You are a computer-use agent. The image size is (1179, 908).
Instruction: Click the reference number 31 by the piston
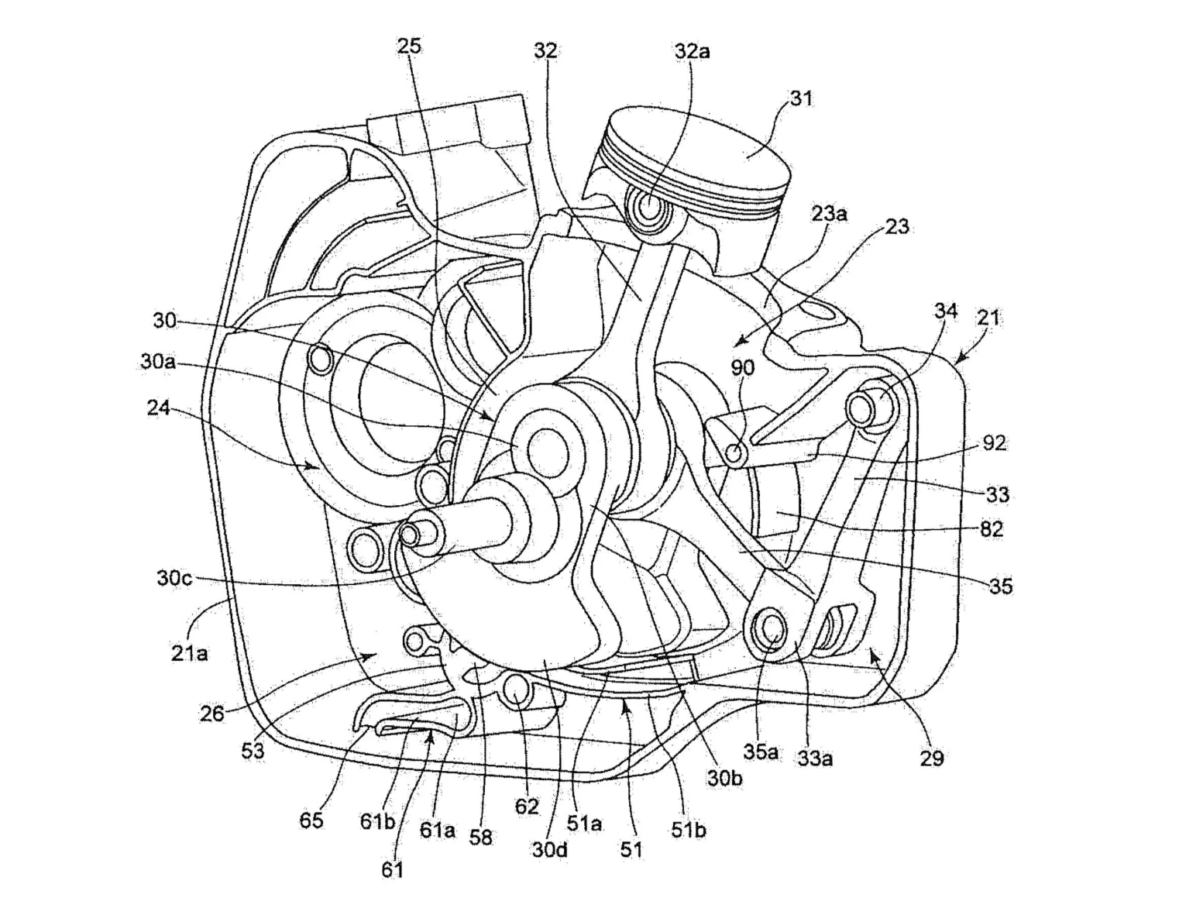click(x=801, y=98)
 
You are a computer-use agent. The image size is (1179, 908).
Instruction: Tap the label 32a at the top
click(x=692, y=51)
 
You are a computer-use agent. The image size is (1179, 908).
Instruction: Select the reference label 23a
click(x=829, y=214)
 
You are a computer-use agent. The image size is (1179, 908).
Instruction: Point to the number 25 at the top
click(x=409, y=46)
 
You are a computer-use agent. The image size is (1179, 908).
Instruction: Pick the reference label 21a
click(x=189, y=653)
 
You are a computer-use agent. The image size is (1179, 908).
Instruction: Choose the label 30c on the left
click(x=174, y=578)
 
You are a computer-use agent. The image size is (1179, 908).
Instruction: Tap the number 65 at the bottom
click(x=311, y=820)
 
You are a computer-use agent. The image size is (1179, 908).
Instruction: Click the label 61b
click(x=377, y=821)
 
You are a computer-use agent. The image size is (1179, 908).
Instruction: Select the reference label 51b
click(x=688, y=830)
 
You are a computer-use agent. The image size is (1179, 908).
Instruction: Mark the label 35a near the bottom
click(x=761, y=752)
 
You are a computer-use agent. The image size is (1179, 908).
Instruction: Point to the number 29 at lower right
click(x=932, y=758)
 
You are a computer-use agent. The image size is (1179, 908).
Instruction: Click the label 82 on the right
click(x=991, y=529)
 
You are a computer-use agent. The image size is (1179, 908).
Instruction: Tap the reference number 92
click(x=994, y=443)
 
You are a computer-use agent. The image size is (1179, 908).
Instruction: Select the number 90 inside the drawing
click(x=742, y=367)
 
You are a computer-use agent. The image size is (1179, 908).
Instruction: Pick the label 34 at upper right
click(x=945, y=311)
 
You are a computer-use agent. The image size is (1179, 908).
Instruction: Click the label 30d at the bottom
click(x=549, y=849)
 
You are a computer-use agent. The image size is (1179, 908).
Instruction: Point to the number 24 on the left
click(x=158, y=408)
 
